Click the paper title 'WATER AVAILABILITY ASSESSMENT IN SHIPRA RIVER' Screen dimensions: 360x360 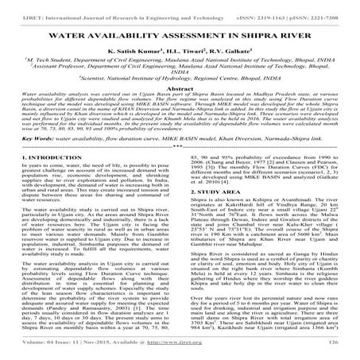click(x=180, y=37)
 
